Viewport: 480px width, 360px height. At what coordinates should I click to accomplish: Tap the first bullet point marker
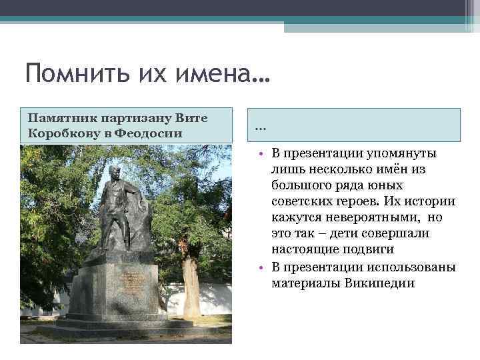[x=263, y=155]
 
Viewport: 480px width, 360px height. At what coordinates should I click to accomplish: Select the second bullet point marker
[x=263, y=268]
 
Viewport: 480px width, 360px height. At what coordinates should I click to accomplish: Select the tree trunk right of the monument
[x=191, y=287]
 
